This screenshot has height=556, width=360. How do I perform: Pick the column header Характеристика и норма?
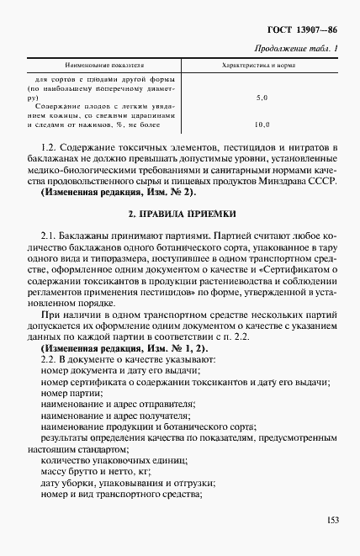(x=260, y=65)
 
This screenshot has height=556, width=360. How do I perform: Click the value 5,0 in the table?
(x=261, y=98)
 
